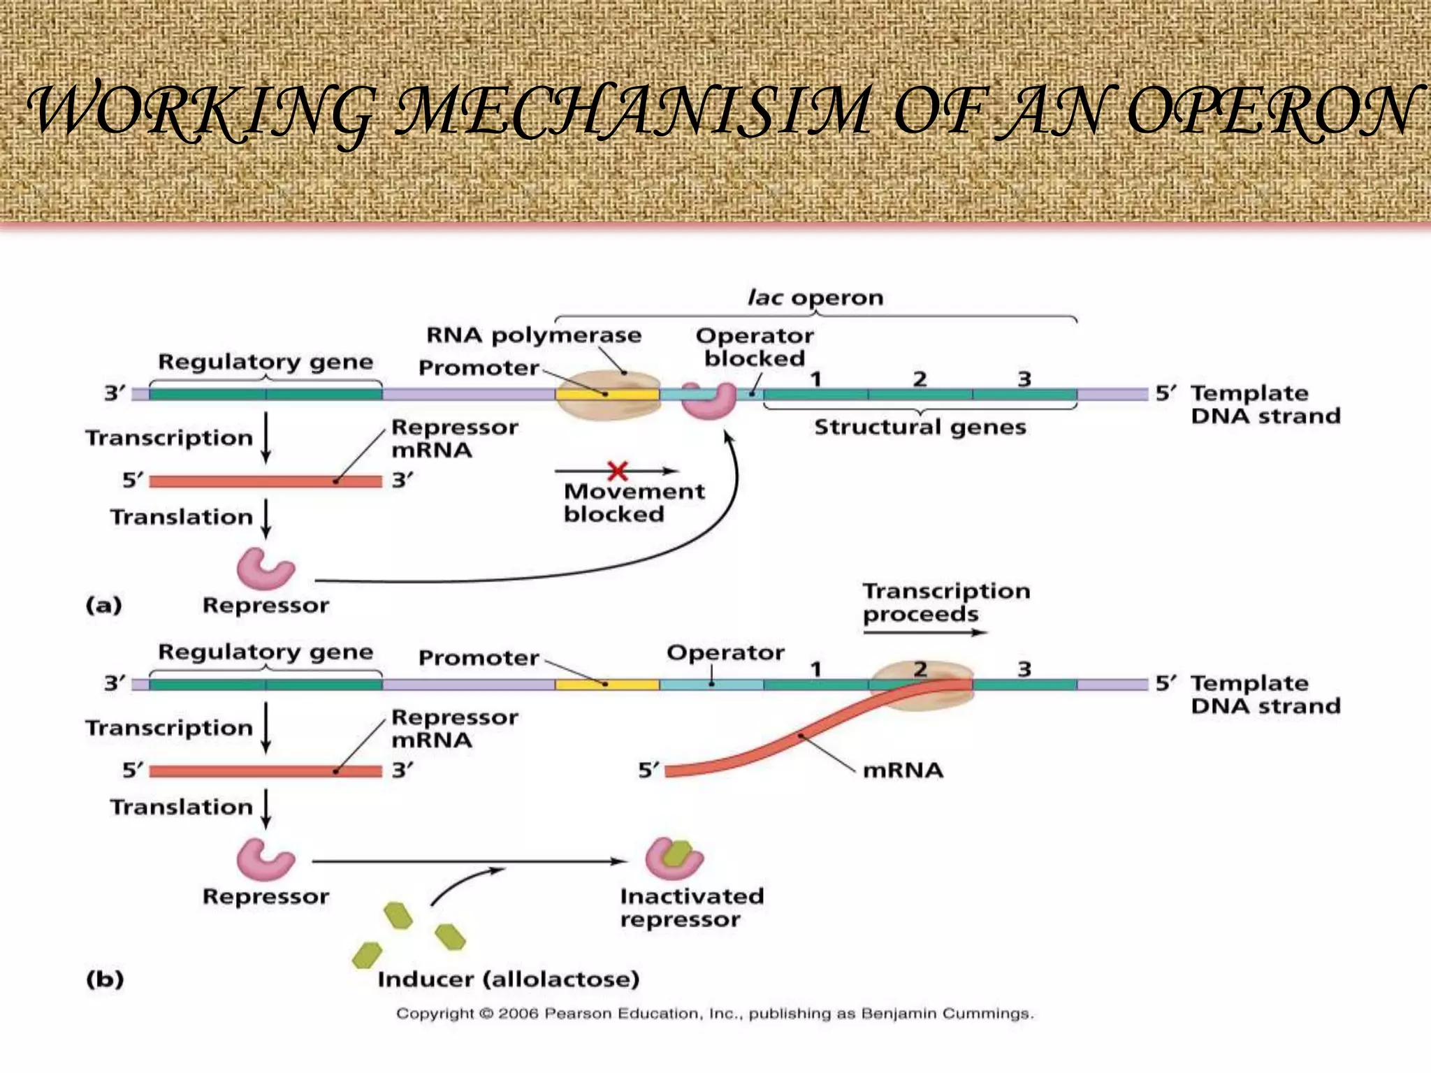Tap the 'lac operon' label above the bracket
815,298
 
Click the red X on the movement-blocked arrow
618,470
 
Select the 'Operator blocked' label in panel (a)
755,347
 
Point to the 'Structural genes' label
920,427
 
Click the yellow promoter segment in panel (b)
606,684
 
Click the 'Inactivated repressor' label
691,907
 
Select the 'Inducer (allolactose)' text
508,979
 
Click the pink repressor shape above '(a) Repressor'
265,569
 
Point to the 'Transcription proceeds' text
945,602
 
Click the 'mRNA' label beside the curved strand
903,771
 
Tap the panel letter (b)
105,979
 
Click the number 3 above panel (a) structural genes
1024,379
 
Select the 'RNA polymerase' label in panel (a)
534,335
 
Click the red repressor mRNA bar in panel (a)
266,481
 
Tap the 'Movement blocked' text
633,503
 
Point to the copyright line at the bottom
714,1014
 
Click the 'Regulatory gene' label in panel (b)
266,652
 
